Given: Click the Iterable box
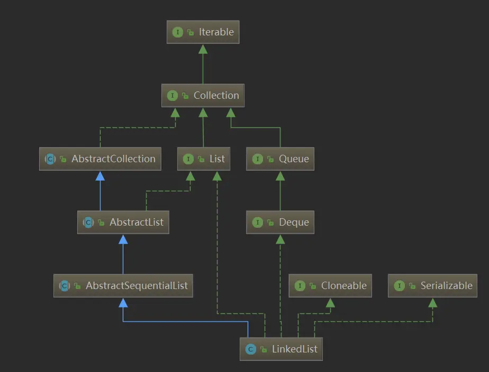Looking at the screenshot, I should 203,32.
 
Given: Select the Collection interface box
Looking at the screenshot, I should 203,96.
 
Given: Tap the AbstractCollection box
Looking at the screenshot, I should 99,159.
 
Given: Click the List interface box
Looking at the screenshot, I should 204,159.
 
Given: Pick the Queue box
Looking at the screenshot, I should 280,159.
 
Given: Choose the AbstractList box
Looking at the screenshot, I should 123,222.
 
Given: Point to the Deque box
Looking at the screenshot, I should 280,222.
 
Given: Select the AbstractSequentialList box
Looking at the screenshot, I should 123,286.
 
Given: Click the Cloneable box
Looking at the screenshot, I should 330,286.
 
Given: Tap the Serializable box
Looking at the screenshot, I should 432,286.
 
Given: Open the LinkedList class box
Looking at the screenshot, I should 280,349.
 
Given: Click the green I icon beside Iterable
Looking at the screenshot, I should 177,32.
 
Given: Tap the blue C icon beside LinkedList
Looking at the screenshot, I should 250,349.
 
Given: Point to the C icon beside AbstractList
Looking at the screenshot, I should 88,222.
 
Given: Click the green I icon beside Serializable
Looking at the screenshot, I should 399,286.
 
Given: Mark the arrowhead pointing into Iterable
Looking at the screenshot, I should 203,49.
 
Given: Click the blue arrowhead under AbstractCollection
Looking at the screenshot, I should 100,176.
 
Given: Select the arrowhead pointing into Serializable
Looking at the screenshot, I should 432,303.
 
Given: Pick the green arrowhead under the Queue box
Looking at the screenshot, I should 280,176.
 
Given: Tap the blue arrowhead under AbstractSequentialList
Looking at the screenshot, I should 123,303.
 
